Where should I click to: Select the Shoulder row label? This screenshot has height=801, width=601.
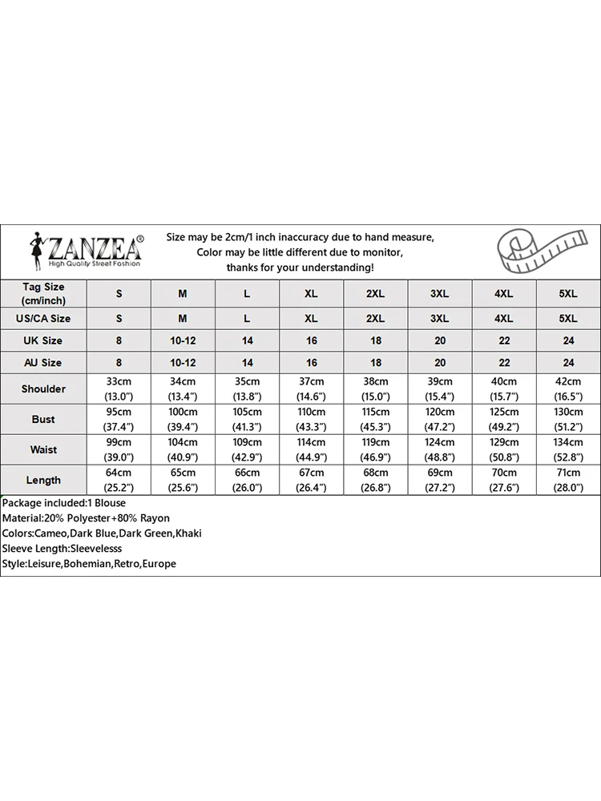(x=43, y=388)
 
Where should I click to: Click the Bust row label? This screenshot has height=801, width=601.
(x=43, y=419)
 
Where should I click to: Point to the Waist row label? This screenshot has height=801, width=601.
(x=43, y=449)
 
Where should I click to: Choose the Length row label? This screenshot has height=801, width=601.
(x=43, y=480)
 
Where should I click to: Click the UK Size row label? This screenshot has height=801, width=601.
(x=43, y=340)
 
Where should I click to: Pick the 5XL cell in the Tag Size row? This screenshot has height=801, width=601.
(x=567, y=294)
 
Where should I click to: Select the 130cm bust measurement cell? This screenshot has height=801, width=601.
(x=567, y=419)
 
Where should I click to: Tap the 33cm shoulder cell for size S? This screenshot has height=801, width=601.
(x=119, y=388)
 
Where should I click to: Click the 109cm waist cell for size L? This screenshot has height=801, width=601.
(x=247, y=449)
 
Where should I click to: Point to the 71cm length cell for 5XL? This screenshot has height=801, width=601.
(x=567, y=480)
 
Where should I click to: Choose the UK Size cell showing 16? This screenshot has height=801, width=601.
(x=311, y=340)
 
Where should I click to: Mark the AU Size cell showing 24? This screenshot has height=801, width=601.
(x=567, y=363)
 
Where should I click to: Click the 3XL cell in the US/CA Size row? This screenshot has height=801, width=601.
(x=439, y=318)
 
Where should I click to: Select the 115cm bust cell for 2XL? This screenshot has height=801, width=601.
(x=375, y=419)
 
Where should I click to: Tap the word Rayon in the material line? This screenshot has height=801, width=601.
(x=154, y=518)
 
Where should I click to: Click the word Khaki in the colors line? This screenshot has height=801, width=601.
(x=190, y=533)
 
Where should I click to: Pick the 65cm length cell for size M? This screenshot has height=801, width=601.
(x=183, y=480)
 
